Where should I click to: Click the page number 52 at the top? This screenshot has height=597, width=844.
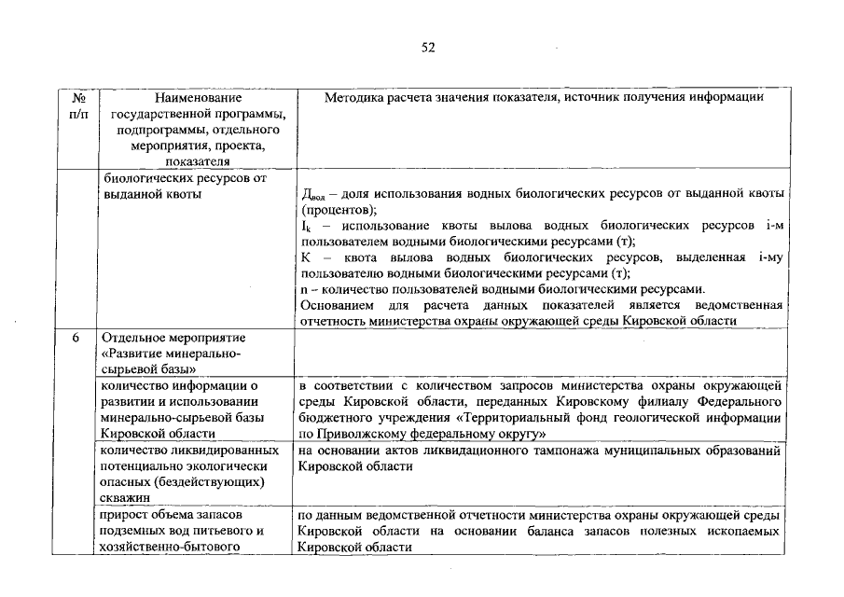click(428, 47)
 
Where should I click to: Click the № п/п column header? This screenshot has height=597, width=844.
click(79, 105)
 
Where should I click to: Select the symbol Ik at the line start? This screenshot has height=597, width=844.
click(307, 227)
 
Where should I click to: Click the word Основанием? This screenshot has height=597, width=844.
click(338, 305)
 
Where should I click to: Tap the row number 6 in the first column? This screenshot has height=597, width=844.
click(77, 337)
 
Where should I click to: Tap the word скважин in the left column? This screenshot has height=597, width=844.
click(127, 498)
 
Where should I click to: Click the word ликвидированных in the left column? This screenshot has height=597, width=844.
click(206, 450)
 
